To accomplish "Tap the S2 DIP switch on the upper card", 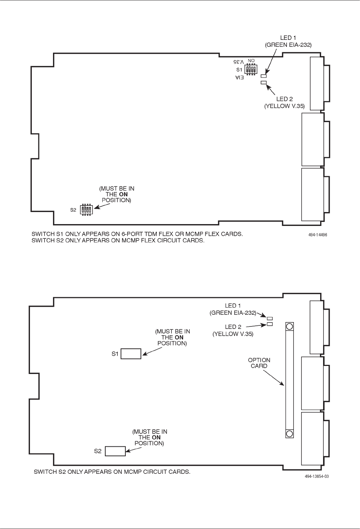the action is [x=86, y=209].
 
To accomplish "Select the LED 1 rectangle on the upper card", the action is [x=264, y=76].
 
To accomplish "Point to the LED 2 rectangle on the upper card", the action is [x=264, y=83].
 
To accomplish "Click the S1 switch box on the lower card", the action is [x=131, y=354].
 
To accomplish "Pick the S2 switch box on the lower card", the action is [x=115, y=451].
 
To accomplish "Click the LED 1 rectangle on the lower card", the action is [x=270, y=318].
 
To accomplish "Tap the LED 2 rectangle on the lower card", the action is [x=270, y=324].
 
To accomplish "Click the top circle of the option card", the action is [x=289, y=326].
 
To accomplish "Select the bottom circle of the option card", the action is [x=289, y=434].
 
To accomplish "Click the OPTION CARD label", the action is [x=259, y=363].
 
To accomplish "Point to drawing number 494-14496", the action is [x=318, y=235].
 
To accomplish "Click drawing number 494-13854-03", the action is [x=317, y=476].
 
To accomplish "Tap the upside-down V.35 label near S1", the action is [x=238, y=62].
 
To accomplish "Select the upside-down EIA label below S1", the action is [x=239, y=78].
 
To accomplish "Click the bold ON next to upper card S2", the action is [x=124, y=194].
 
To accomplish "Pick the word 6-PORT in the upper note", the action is [x=133, y=234].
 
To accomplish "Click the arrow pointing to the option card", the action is [x=274, y=378].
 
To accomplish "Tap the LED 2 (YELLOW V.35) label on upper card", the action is [x=284, y=102].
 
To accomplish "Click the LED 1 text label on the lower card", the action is [x=233, y=306].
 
